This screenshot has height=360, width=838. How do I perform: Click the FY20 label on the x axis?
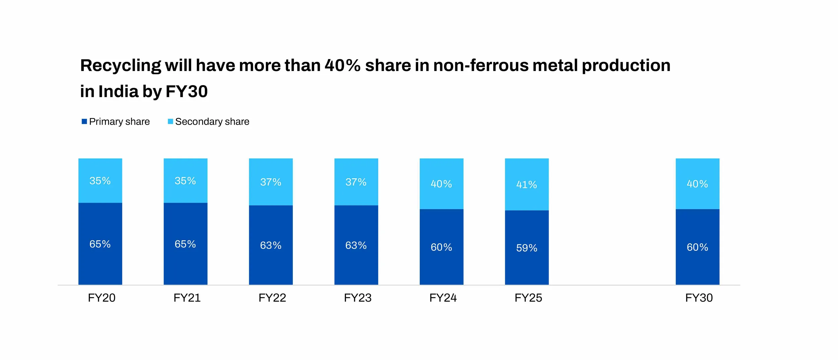click(102, 298)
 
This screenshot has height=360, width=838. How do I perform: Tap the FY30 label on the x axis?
click(699, 298)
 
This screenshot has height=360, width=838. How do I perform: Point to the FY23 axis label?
click(358, 298)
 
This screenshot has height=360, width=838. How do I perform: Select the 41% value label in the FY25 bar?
click(527, 185)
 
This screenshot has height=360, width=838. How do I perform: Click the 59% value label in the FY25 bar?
click(527, 248)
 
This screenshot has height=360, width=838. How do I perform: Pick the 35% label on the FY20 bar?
click(100, 181)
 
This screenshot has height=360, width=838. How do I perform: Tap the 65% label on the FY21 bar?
click(185, 244)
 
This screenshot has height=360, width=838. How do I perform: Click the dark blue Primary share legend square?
click(84, 121)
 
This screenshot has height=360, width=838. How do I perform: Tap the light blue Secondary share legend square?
click(170, 121)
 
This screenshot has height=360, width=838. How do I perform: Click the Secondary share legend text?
click(212, 121)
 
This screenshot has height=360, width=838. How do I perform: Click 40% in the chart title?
click(342, 65)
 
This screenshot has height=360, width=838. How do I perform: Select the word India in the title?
click(118, 91)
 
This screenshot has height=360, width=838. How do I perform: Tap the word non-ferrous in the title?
click(480, 65)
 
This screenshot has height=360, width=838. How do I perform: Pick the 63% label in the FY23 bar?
click(356, 245)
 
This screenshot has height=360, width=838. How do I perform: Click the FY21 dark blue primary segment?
click(185, 265)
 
